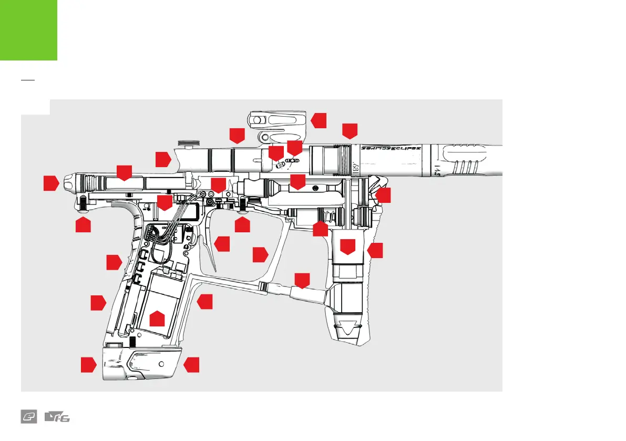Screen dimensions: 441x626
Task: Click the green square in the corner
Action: coord(28,29)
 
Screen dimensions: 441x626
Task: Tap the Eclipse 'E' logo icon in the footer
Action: coord(28,417)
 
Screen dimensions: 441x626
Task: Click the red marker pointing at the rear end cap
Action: coord(50,183)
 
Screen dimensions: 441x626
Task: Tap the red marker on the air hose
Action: coord(302,280)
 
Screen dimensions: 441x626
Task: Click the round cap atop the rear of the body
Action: coord(187,141)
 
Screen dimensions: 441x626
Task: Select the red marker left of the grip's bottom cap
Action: coord(88,365)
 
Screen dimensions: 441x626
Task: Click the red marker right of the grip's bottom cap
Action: coord(192,365)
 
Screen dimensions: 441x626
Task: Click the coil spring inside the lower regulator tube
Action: coord(329,216)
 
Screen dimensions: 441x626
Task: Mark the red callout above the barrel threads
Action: coord(349,131)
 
